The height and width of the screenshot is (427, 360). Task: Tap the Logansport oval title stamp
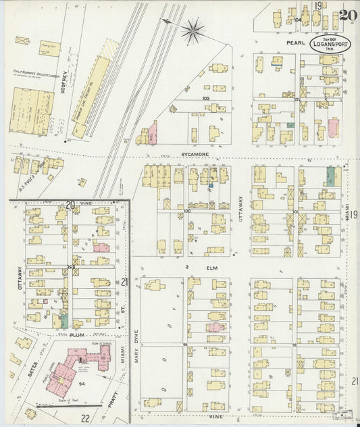point(330,43)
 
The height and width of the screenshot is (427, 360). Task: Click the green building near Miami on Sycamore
point(331,176)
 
